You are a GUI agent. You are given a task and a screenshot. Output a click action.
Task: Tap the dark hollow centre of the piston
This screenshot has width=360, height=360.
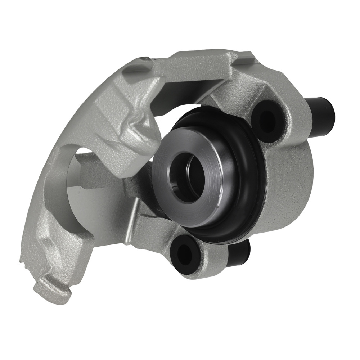pyautogui.click(x=187, y=176)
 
